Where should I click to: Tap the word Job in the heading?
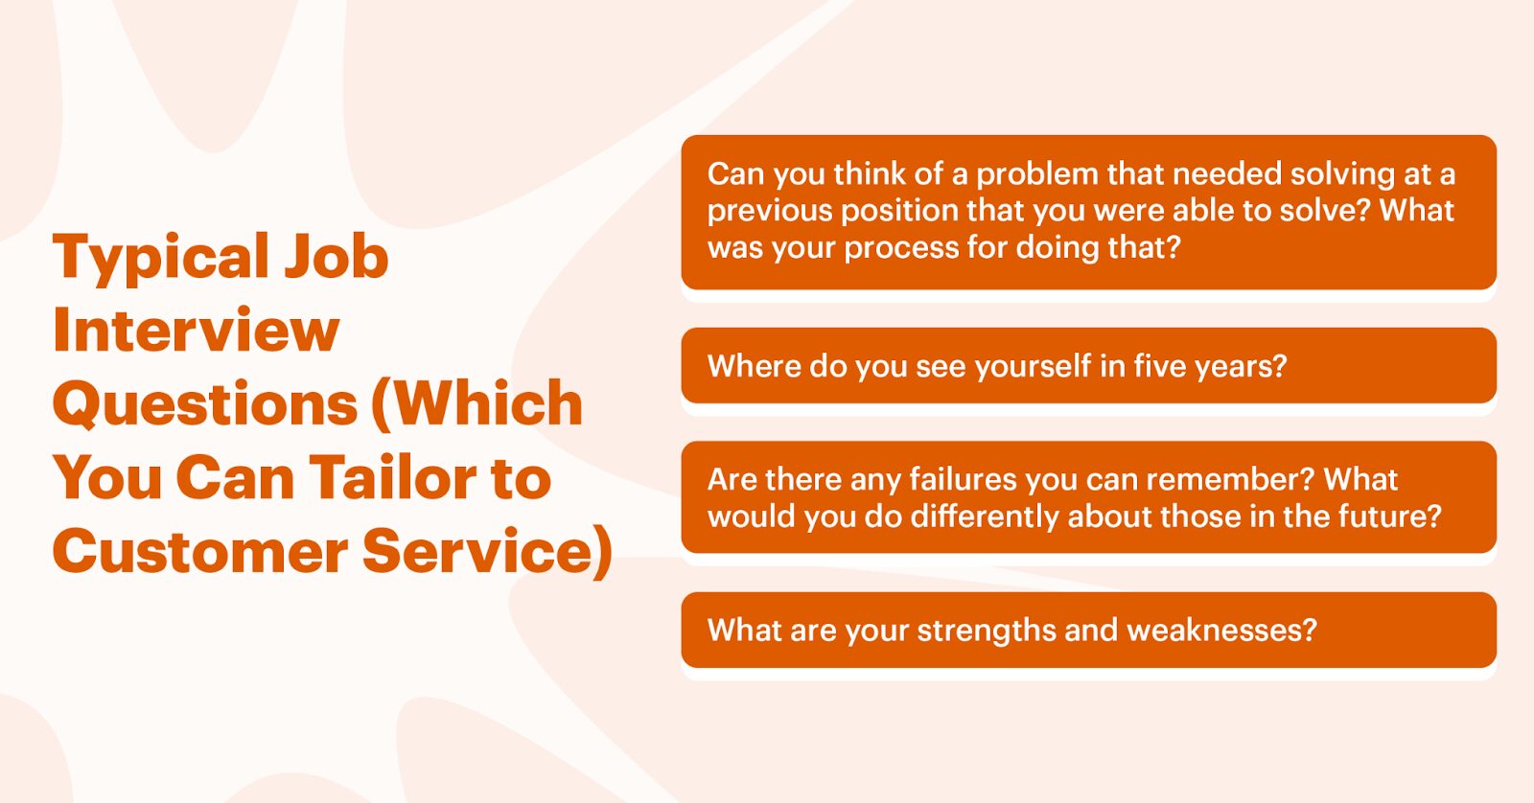tap(337, 256)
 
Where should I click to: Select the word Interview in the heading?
tap(196, 330)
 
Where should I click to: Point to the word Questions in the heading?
tap(205, 405)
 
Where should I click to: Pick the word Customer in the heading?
tap(200, 551)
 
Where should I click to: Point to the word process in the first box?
tap(901, 249)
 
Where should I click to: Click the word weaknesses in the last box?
tap(1221, 631)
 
